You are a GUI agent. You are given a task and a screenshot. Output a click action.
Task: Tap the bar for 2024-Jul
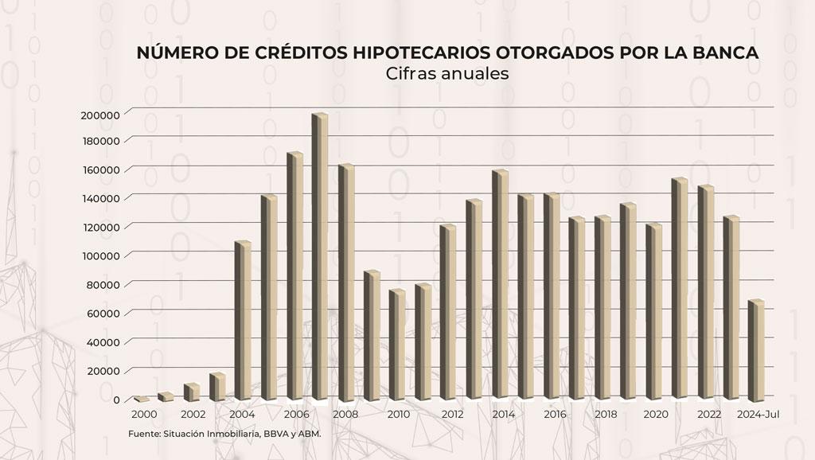[756, 350]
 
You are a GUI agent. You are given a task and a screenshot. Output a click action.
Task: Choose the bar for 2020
[654, 311]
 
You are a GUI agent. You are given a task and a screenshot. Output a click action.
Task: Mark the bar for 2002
[192, 392]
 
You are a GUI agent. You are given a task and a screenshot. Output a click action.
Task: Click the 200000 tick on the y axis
[100, 115]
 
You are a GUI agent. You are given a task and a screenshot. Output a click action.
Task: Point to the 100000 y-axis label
[100, 255]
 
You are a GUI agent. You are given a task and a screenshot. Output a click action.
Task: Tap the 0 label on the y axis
[116, 400]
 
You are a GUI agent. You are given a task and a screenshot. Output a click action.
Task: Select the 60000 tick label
[103, 313]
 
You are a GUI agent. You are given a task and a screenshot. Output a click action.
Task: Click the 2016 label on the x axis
[555, 415]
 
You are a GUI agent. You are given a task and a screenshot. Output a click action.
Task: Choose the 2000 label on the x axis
[144, 415]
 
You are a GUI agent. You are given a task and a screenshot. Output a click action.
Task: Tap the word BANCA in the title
[723, 53]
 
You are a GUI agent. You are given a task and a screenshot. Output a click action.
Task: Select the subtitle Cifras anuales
[446, 73]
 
